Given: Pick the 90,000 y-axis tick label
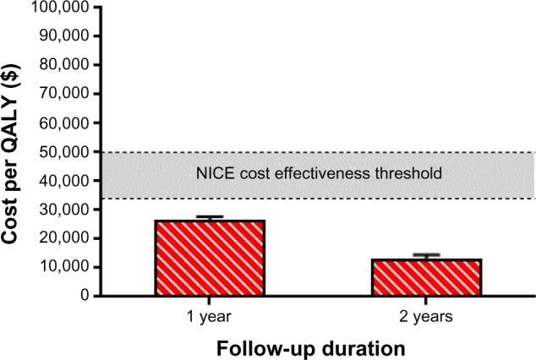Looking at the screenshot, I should point(63,36).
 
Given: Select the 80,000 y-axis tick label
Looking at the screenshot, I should point(63,65).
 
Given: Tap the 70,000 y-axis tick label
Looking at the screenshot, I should point(63,94).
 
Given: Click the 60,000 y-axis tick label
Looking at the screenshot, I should point(63,123).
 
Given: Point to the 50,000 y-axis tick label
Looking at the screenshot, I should point(63,152).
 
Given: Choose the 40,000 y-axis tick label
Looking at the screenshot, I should point(63,181).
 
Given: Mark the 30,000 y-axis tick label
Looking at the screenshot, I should point(63,210).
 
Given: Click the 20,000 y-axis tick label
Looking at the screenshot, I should point(63,238).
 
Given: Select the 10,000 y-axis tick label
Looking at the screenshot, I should point(63,267).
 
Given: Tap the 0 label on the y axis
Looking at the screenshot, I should point(85,296).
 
